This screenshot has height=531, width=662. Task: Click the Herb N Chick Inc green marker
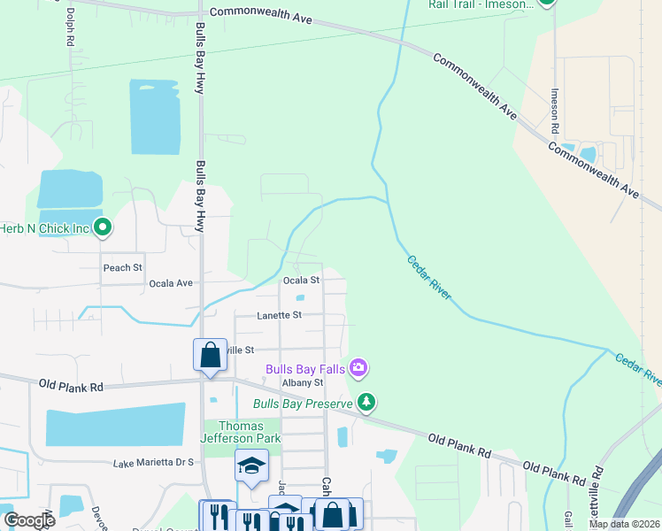pos(103,228)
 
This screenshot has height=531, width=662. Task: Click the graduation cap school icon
pos(251,466)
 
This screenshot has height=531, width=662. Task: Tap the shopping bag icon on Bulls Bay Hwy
pos(210,355)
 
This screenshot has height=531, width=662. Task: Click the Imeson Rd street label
pos(555,111)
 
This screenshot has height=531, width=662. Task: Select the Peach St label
pos(123,267)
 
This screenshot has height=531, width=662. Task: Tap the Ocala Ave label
pos(171,283)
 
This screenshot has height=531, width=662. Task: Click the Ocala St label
pos(300,280)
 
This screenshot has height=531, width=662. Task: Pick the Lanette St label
pos(280,314)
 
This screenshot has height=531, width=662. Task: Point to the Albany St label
pos(303,382)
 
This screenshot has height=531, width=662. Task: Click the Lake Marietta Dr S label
pos(153,462)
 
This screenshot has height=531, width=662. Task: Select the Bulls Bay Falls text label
pos(306,367)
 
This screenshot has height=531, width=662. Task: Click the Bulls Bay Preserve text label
pos(303,404)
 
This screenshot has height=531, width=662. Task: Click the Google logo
pos(28,519)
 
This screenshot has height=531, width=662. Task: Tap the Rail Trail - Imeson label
pos(481,4)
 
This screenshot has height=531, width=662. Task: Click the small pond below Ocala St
pos(299,298)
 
